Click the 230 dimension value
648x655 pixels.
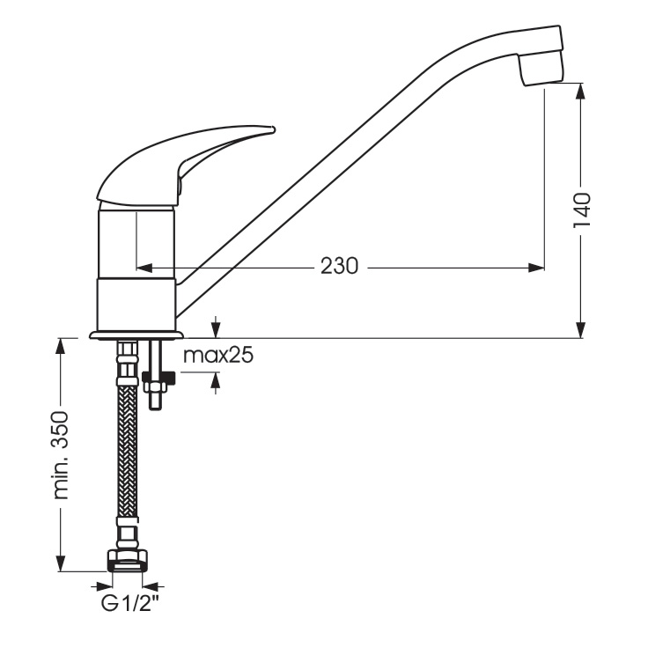click(x=339, y=266)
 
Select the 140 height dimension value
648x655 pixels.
click(x=582, y=210)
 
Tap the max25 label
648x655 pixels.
click(x=218, y=356)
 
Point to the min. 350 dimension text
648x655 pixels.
click(x=61, y=455)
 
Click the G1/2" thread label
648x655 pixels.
click(x=130, y=604)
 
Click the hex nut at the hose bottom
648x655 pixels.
click(x=128, y=561)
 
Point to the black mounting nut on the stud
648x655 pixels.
click(x=158, y=378)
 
